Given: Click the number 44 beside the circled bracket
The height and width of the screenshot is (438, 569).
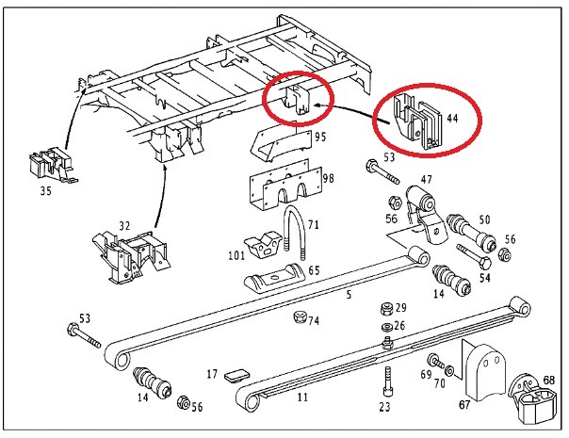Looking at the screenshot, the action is (x=452, y=119).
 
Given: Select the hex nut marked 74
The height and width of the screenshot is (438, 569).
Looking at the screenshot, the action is (x=300, y=316).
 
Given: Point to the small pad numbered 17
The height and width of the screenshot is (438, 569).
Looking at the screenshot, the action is (x=235, y=376).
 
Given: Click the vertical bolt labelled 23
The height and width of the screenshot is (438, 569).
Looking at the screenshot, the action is (x=387, y=381).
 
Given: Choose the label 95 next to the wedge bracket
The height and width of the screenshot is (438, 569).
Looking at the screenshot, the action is (x=321, y=137).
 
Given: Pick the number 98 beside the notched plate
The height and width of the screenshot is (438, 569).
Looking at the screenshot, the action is (x=329, y=179).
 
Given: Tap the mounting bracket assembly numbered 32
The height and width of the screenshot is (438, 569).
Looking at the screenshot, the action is (x=131, y=256).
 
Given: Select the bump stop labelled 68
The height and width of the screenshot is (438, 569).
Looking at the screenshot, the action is (x=533, y=399).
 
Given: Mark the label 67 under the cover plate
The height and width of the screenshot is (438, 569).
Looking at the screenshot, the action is (x=464, y=404).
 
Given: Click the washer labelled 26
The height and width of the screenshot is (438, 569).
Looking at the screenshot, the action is (x=385, y=327).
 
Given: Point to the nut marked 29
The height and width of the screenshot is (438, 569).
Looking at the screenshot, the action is (x=387, y=309).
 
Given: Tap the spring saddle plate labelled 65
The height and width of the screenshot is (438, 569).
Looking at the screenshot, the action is (x=275, y=279).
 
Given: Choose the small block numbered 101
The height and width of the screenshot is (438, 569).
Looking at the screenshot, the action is (x=263, y=246).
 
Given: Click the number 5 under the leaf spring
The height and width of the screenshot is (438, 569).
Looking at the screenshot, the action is (x=349, y=294).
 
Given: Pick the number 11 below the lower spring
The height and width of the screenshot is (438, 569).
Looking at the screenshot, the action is (x=302, y=397).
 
